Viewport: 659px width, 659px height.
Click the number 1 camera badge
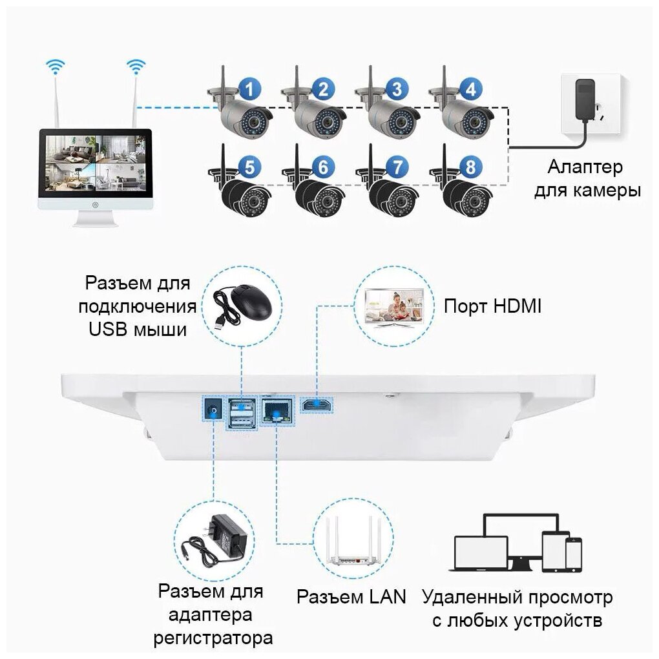tap(249, 89)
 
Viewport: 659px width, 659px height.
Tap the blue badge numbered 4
tap(471, 89)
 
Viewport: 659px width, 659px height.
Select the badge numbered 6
tap(323, 167)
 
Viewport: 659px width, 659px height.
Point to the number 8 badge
tap(471, 167)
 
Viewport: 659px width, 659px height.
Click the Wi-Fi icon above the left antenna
tap(56, 67)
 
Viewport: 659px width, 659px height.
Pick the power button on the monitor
tap(96, 205)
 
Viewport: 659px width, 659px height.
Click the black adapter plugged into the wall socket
tap(584, 99)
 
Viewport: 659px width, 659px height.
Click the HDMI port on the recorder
tap(317, 404)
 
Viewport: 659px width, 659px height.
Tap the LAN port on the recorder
tap(277, 411)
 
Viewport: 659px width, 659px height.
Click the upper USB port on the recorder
tap(242, 406)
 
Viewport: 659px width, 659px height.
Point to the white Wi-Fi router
tap(354, 542)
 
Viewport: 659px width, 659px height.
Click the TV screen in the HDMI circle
tap(394, 304)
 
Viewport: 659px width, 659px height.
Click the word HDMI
tap(517, 306)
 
